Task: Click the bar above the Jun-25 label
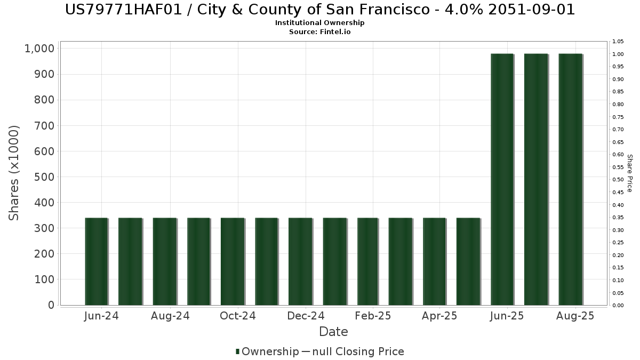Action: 502,179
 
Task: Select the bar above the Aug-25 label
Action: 570,179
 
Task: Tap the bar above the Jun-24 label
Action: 97,261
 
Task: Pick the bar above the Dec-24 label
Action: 300,261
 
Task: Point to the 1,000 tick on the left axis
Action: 39,49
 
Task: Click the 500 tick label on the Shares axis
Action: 43,177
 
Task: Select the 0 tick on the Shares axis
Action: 51,305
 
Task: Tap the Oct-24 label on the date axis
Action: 238,316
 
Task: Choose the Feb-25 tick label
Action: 373,316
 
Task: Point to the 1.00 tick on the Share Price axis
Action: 618,54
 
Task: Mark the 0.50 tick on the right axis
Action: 618,180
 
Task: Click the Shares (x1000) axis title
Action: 14,173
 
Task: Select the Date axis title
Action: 333,332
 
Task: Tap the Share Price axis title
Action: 629,173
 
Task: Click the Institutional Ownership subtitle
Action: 319,23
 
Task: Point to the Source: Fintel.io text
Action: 319,31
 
